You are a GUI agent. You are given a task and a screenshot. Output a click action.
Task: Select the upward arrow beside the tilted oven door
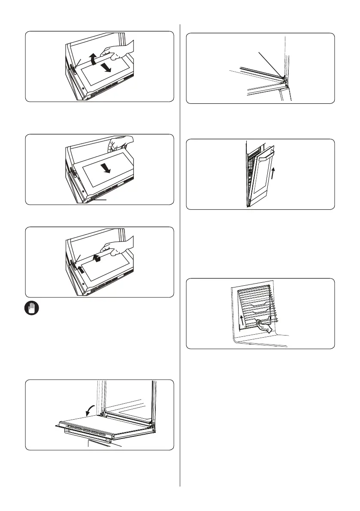tap(272, 175)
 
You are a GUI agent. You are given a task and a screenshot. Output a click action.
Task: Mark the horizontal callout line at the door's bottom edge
tap(99, 199)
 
